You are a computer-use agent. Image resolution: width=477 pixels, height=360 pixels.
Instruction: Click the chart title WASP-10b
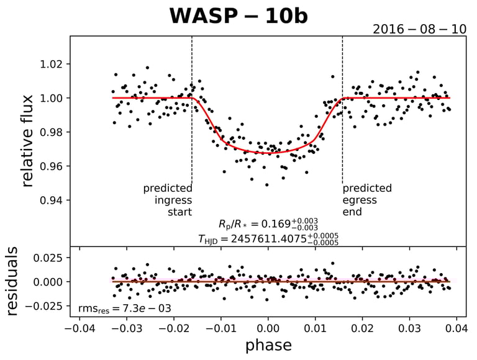pos(238,16)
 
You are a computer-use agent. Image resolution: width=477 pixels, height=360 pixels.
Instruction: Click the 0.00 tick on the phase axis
pos(268,327)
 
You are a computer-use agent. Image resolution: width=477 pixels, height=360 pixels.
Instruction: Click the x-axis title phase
pos(268,345)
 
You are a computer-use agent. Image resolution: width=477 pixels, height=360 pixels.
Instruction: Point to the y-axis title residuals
pos(14,281)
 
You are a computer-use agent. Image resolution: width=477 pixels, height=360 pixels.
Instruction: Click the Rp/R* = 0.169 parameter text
pos(268,224)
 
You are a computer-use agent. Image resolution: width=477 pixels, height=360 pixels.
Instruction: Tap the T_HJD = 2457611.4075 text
pos(268,239)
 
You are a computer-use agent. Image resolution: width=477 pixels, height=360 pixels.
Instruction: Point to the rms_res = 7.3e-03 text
pos(124,308)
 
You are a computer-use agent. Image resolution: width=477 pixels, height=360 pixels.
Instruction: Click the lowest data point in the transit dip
pos(267,185)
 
